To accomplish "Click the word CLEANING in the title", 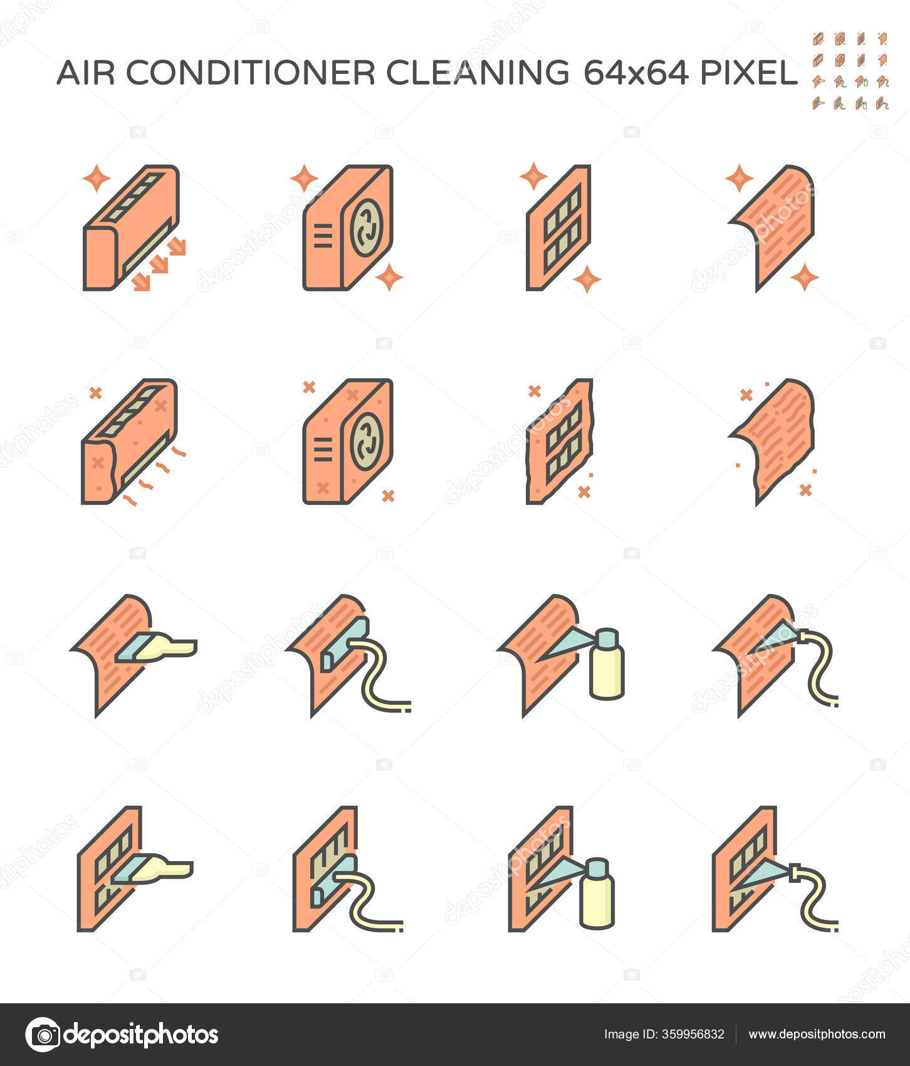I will pos(478,73).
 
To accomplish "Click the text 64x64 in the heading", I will pos(635,73).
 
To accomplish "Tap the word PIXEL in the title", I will pos(748,73).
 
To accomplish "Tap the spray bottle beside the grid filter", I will pos(597,894).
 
